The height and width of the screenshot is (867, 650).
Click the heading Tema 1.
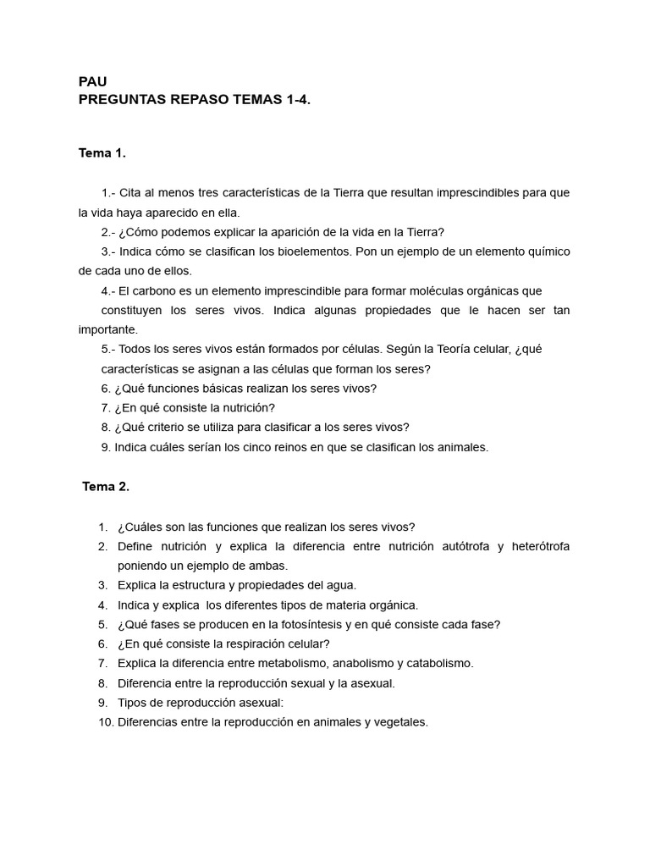[x=102, y=153]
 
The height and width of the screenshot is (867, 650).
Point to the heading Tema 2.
[x=106, y=487]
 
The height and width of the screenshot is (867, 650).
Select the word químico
[x=546, y=251]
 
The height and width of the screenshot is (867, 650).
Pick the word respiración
[x=239, y=644]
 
